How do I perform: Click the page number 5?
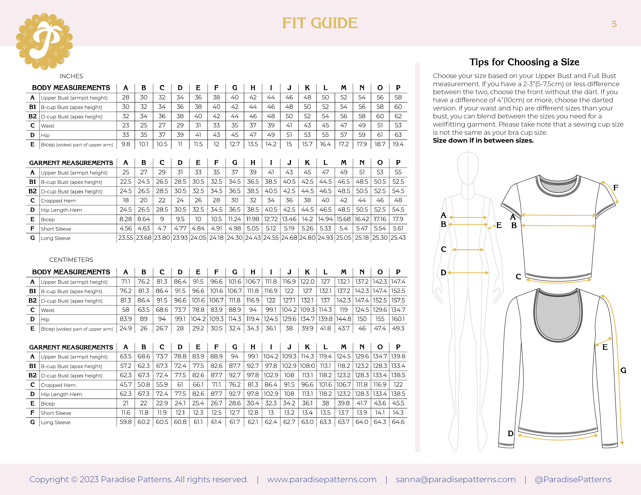pyautogui.click(x=614, y=24)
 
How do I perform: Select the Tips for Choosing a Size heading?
pyautogui.click(x=524, y=62)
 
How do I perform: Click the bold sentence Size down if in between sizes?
pyautogui.click(x=483, y=141)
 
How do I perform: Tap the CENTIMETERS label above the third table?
pyautogui.click(x=71, y=260)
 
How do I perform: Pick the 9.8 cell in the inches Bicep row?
pyautogui.click(x=126, y=144)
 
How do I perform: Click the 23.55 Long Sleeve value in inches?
pyautogui.click(x=126, y=238)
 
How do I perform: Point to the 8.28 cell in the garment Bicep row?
pyautogui.click(x=126, y=219)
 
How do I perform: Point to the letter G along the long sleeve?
pyautogui.click(x=623, y=371)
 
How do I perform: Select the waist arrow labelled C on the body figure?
pyautogui.click(x=468, y=250)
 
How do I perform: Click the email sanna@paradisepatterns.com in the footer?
pyautogui.click(x=455, y=479)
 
